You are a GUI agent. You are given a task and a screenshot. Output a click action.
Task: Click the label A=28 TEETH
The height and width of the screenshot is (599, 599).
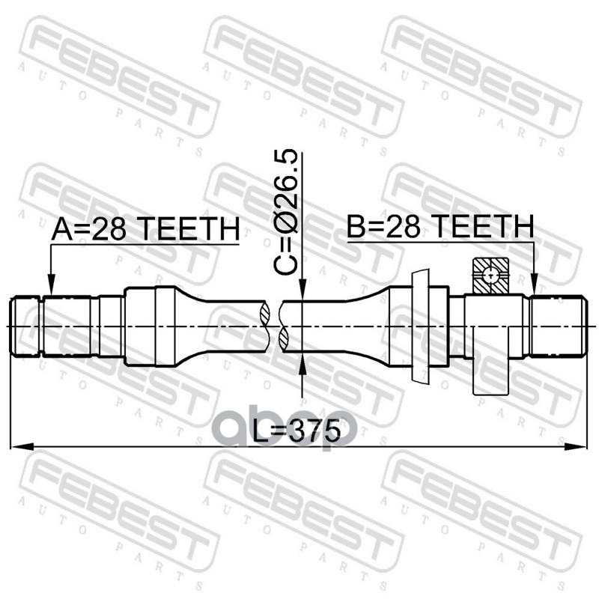pos(145,229)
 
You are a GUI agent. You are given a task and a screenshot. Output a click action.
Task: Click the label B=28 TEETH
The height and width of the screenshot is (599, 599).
pos(440,226)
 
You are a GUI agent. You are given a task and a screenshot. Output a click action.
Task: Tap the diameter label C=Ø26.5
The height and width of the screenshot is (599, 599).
pos(286,212)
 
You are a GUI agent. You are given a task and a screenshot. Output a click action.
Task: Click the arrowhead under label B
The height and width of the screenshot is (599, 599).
pos(535,286)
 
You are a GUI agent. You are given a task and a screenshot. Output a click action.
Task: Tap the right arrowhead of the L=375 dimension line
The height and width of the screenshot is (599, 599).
pos(575,446)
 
